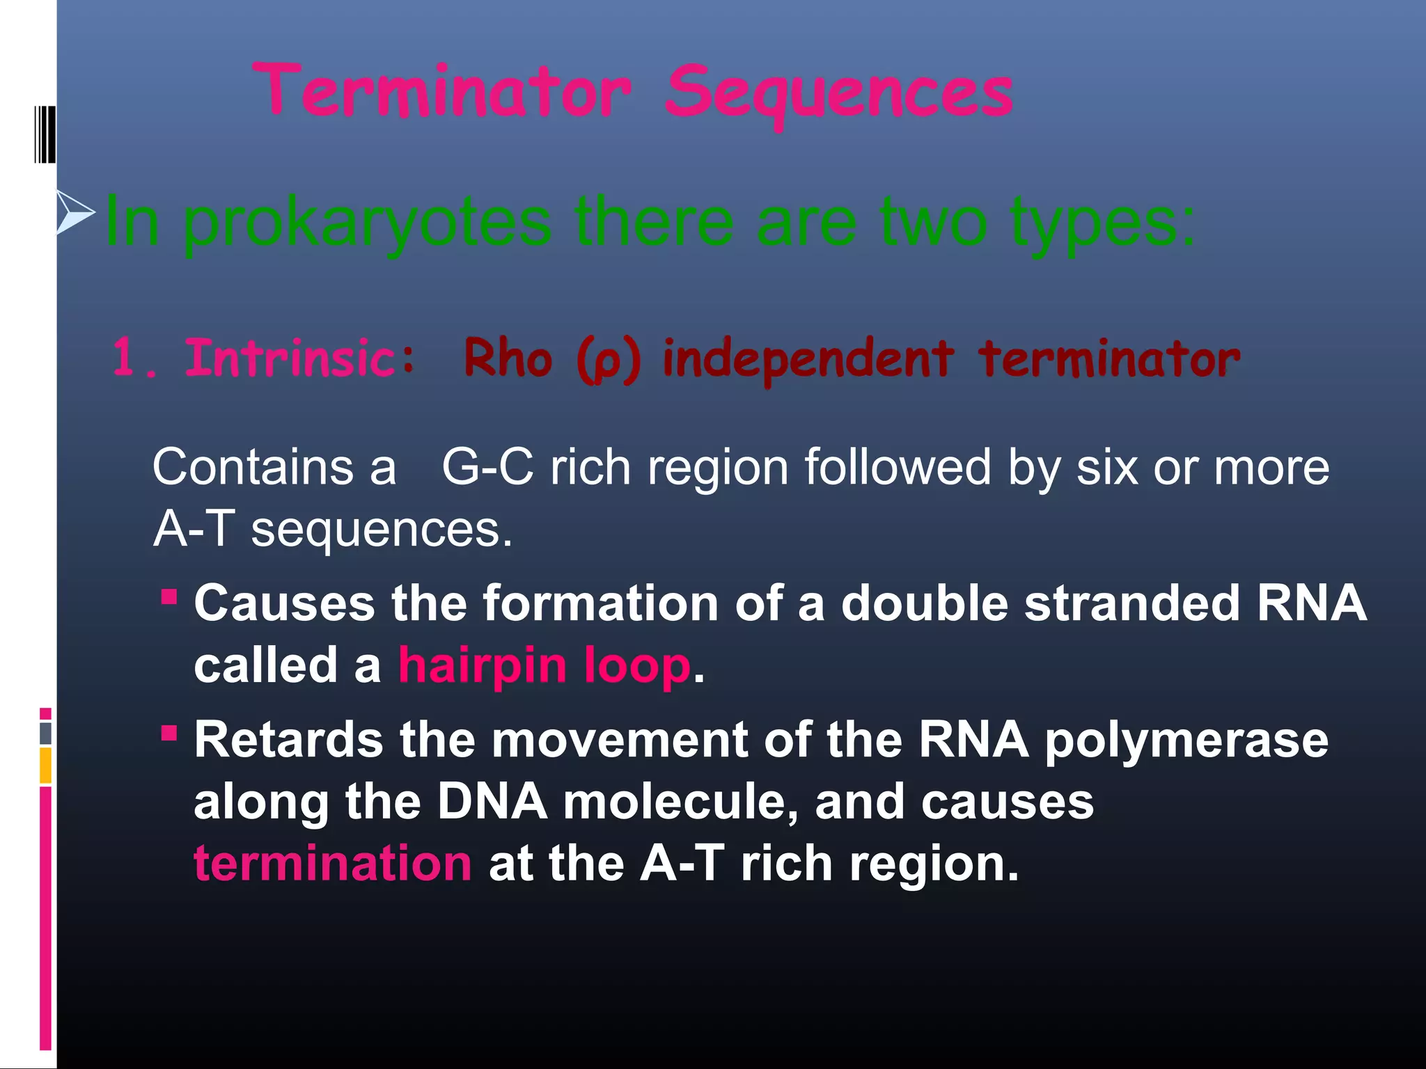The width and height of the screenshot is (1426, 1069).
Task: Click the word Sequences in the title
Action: pyautogui.click(x=838, y=94)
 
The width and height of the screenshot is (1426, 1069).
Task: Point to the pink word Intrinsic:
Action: pyautogui.click(x=300, y=358)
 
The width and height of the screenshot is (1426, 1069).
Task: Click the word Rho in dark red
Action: pyautogui.click(x=508, y=358)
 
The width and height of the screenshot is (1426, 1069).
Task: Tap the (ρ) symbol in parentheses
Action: pyautogui.click(x=608, y=361)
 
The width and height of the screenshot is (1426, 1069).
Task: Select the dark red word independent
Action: pyautogui.click(x=808, y=360)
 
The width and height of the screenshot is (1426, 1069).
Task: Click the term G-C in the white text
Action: pyautogui.click(x=487, y=467)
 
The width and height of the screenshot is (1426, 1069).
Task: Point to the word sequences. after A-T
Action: pyautogui.click(x=382, y=530)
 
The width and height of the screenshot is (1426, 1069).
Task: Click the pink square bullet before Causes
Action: pyautogui.click(x=169, y=597)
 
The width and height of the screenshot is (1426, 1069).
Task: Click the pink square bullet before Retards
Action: pyautogui.click(x=169, y=733)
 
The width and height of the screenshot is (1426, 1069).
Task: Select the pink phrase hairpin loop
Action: pyautogui.click(x=544, y=665)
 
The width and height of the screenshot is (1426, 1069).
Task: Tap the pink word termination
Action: pyautogui.click(x=333, y=864)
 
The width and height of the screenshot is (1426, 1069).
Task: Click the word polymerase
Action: pyautogui.click(x=1186, y=740)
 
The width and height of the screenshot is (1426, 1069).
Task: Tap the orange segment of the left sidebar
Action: pyautogui.click(x=45, y=765)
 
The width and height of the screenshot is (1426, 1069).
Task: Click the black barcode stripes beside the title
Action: pyautogui.click(x=45, y=134)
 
